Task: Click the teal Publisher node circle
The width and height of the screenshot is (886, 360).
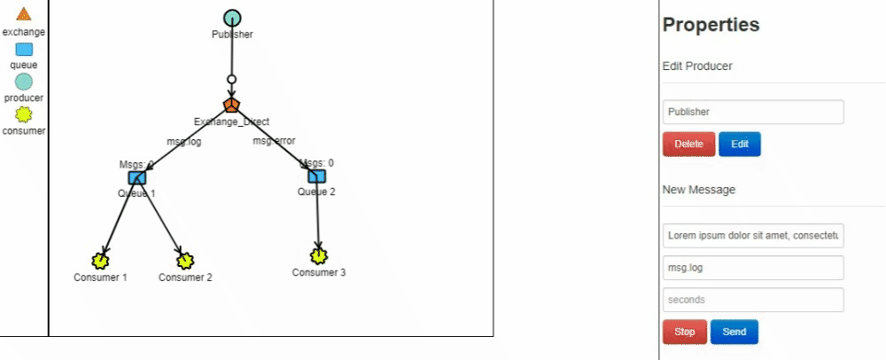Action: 232,18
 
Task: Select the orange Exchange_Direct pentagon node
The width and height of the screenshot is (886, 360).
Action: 232,105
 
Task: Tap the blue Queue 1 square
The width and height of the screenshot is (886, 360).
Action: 136,177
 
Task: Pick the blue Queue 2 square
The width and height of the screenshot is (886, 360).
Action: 316,176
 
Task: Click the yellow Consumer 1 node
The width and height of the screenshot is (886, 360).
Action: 100,261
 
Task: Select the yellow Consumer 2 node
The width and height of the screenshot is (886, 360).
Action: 185,261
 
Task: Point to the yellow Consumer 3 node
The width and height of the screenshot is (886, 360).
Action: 319,255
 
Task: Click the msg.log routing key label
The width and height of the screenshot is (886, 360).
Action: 184,141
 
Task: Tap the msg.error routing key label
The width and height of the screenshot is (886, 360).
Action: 274,141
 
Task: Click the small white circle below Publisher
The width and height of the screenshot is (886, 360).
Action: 232,80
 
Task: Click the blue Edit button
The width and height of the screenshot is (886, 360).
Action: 739,144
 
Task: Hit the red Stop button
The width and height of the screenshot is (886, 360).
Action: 684,332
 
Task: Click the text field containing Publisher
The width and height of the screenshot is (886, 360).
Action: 753,112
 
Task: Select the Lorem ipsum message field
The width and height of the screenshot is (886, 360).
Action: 753,235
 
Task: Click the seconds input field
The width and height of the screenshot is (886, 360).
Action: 753,300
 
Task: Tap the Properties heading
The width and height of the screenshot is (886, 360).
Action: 711,25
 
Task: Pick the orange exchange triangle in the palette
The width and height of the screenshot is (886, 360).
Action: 24,14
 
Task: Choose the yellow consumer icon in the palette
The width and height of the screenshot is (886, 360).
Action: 24,114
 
